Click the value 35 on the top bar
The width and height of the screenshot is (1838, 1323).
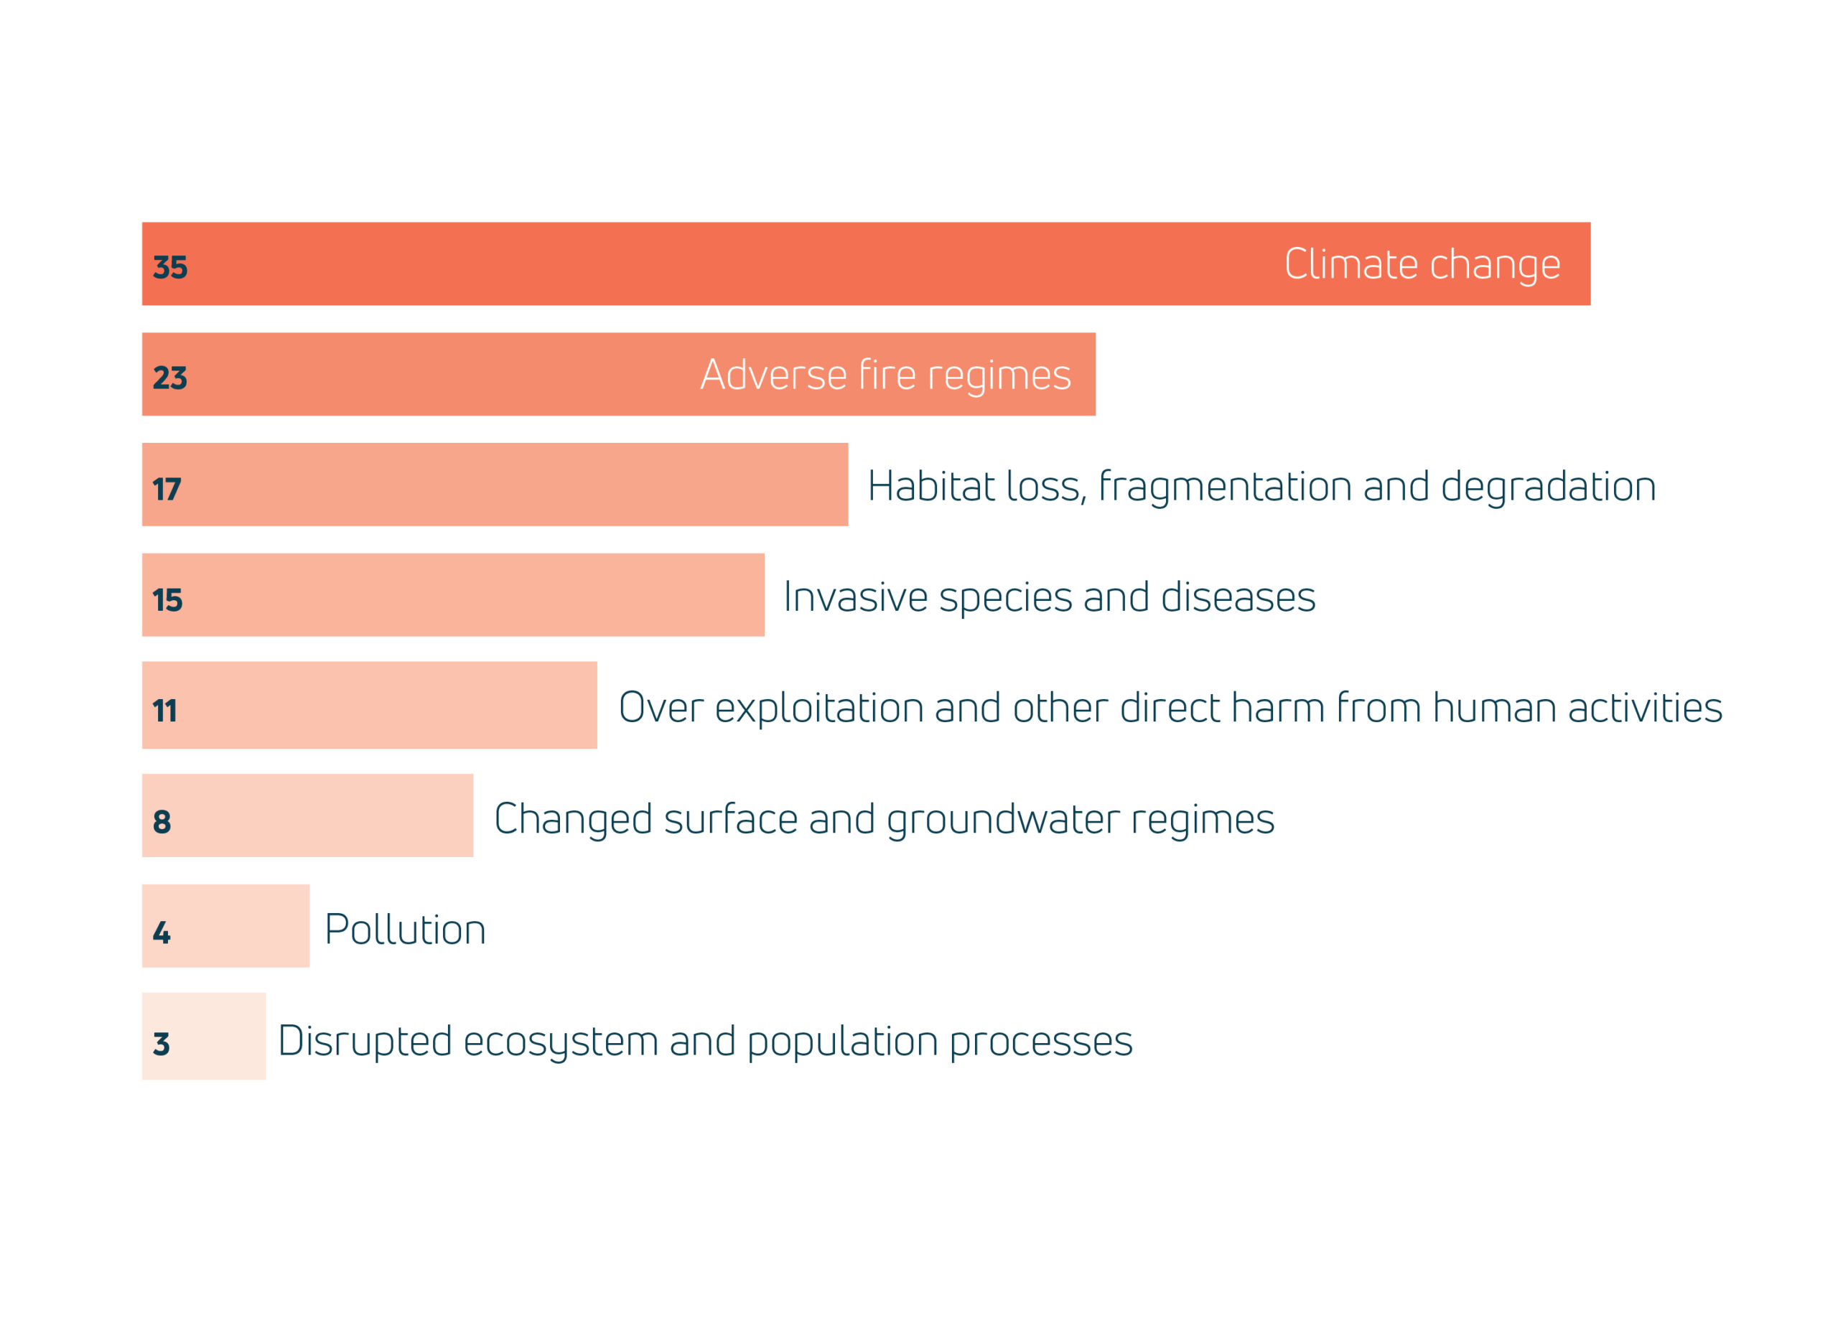click(x=170, y=267)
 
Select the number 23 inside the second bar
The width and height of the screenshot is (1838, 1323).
click(x=170, y=378)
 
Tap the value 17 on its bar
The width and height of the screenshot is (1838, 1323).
click(x=167, y=490)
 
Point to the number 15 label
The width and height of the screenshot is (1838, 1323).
click(x=168, y=600)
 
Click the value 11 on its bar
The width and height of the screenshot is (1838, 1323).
click(x=164, y=711)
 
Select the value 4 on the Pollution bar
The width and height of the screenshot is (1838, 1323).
click(x=162, y=933)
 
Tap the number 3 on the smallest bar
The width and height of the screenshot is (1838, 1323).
click(x=162, y=1044)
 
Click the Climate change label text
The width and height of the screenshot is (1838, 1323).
click(x=1422, y=265)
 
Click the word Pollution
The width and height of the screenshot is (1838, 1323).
click(x=405, y=930)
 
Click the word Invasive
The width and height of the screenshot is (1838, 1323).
click(x=855, y=597)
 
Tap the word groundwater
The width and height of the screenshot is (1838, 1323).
click(x=1003, y=820)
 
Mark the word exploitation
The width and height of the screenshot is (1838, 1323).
click(x=818, y=708)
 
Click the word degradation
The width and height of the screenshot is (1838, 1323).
click(x=1548, y=486)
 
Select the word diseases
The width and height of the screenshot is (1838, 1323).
click(x=1238, y=597)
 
